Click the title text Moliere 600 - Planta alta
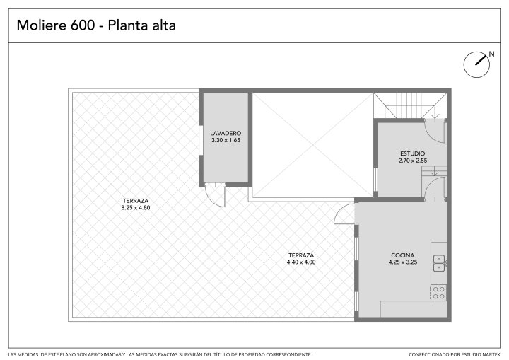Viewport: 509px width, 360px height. coord(96,25)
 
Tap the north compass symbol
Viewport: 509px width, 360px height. coord(476,64)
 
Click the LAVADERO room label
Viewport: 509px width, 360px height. coord(226,133)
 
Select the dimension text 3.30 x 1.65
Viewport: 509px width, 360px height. coord(226,140)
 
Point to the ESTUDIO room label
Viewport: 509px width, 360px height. coord(413,153)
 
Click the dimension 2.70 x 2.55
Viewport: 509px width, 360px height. coord(413,161)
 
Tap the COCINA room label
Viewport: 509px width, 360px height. coord(403,255)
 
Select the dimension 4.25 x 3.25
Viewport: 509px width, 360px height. coord(403,262)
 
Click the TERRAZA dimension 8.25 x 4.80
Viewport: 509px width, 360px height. coord(136,208)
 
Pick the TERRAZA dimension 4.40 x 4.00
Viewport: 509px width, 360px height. coord(301,262)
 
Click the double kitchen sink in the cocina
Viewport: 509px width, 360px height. coord(439,263)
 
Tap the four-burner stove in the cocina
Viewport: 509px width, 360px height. coord(439,293)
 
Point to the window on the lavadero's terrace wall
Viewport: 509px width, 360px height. coord(201,140)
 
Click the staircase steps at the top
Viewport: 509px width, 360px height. coord(409,105)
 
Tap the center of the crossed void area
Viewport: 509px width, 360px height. coord(313,145)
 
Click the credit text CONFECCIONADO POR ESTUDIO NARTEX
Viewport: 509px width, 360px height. coord(454,355)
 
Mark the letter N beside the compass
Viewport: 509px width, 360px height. coord(492,54)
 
